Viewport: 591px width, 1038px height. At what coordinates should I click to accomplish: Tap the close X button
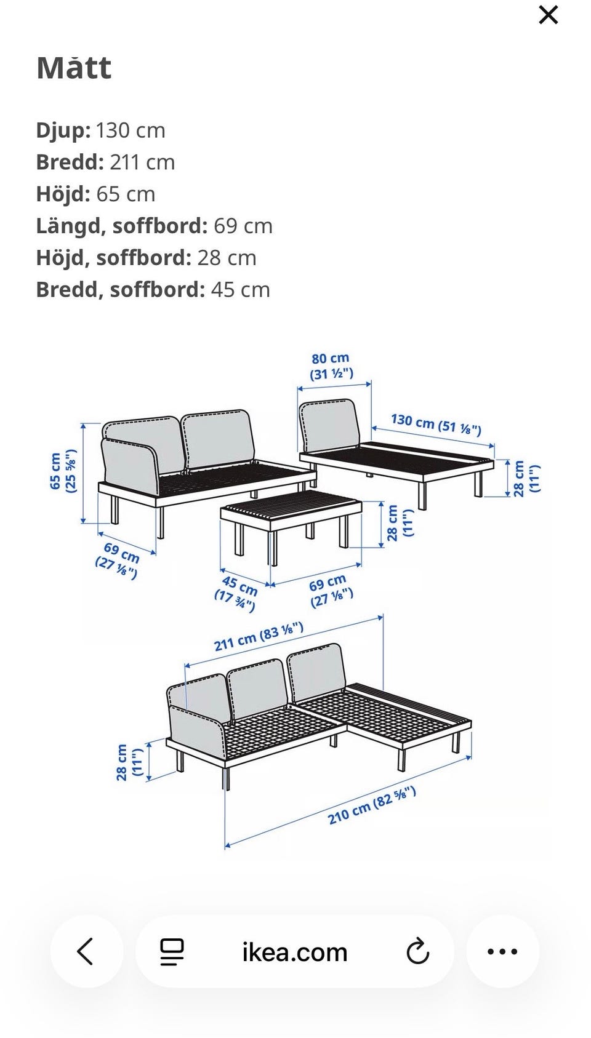point(549,15)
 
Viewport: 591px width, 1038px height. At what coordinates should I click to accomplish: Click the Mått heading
point(74,68)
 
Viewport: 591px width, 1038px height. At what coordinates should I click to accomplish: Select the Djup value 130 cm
point(131,130)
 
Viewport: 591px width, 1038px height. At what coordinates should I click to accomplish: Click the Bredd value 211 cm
point(142,162)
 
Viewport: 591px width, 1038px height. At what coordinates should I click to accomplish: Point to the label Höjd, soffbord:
point(113,258)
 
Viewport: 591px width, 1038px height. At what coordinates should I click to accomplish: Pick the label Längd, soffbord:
point(122,226)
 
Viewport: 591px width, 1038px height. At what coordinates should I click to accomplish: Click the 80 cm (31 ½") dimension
point(331,366)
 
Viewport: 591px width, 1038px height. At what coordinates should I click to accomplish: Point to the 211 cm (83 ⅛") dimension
point(259,637)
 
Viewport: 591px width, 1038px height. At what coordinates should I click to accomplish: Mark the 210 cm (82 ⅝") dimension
point(372,806)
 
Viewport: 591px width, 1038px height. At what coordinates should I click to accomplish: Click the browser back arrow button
point(86,952)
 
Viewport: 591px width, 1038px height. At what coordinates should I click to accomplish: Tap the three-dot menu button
point(502,952)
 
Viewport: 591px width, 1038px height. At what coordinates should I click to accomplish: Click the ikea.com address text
point(295,952)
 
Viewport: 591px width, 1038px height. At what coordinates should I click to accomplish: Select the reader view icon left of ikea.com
point(172,952)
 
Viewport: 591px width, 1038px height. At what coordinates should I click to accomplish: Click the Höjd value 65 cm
point(126,194)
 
